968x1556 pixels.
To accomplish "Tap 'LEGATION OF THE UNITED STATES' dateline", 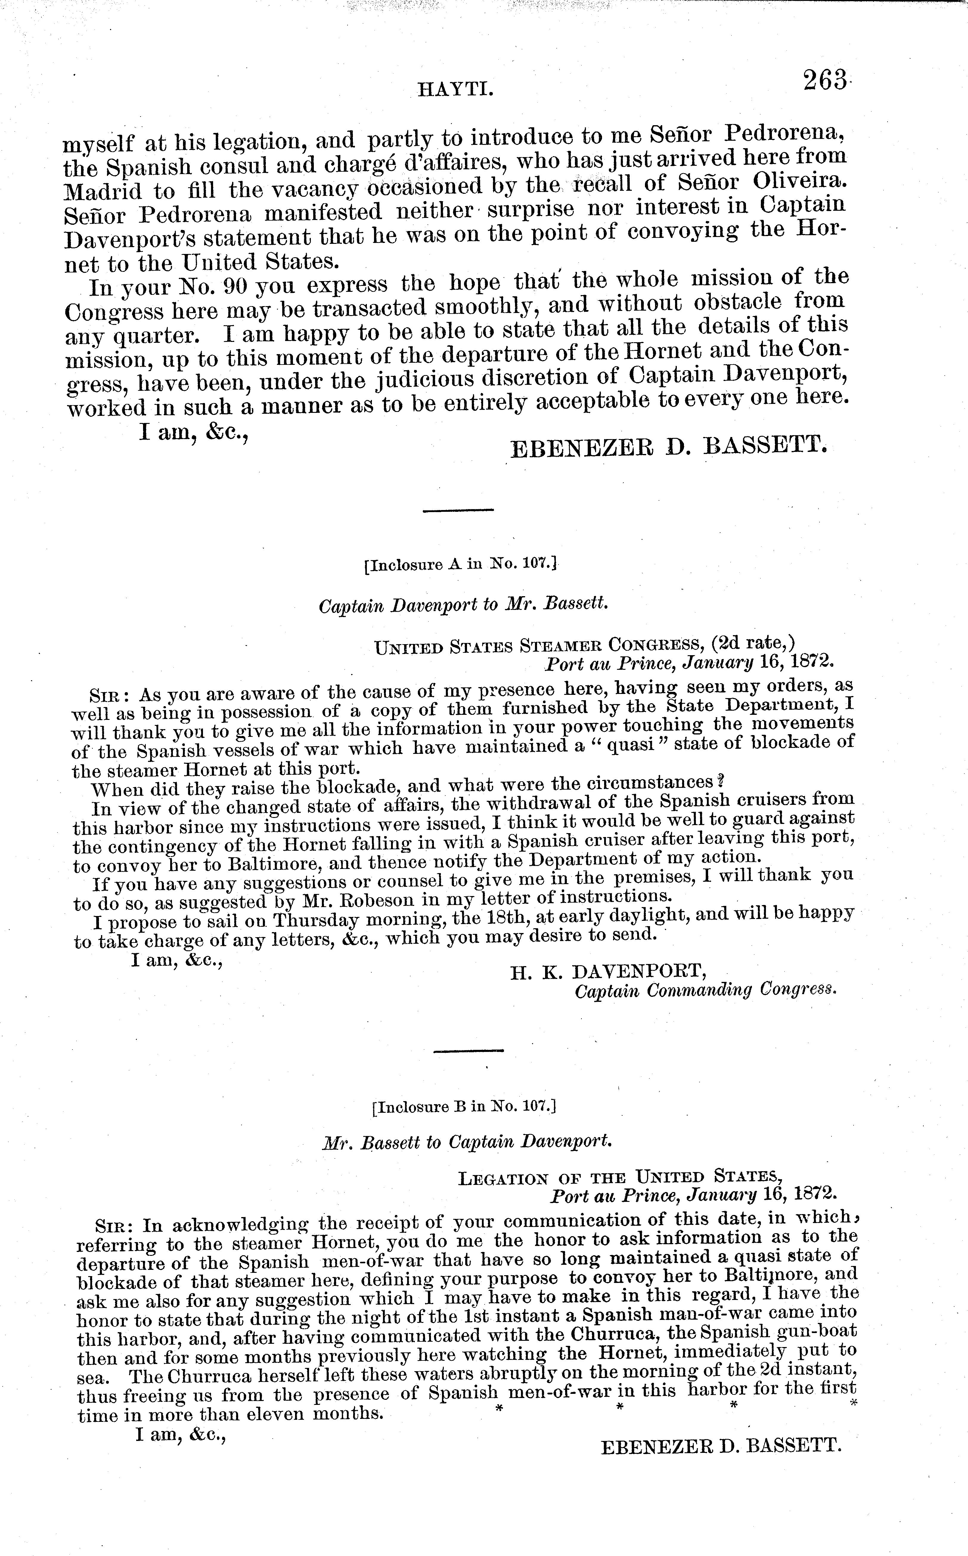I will pyautogui.click(x=620, y=1177).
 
